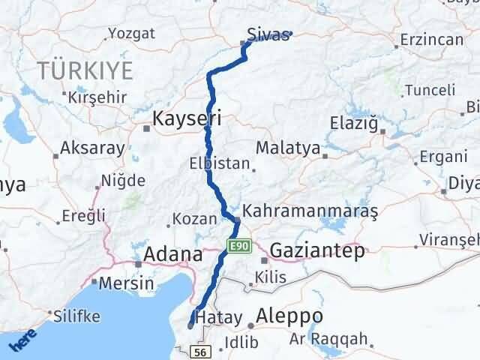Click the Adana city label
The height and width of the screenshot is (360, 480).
pyautogui.click(x=173, y=253)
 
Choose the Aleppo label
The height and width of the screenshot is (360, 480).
pyautogui.click(x=289, y=315)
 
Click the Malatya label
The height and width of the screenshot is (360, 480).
pyautogui.click(x=288, y=147)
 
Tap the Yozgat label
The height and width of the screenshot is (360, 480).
pyautogui.click(x=131, y=33)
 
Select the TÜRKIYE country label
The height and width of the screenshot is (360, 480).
pyautogui.click(x=85, y=71)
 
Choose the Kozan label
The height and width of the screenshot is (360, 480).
pyautogui.click(x=189, y=219)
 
